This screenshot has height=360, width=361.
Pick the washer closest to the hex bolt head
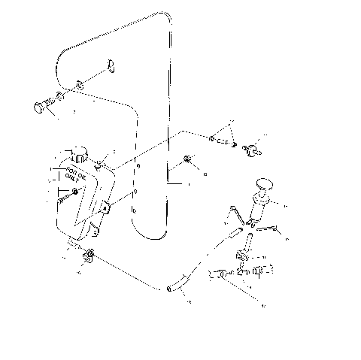click(61, 98)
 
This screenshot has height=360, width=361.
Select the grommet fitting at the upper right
click(252, 146)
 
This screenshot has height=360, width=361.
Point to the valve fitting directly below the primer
click(242, 256)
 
